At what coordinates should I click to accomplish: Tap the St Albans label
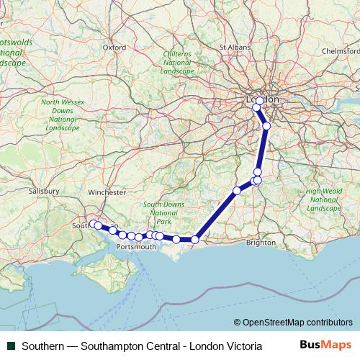click(x=233, y=47)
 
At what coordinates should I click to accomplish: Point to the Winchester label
click(x=107, y=192)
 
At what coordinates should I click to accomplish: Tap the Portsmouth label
click(x=136, y=246)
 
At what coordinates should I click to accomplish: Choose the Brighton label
click(x=261, y=243)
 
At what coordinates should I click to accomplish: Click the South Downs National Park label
click(x=163, y=213)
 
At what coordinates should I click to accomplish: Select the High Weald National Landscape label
click(x=323, y=199)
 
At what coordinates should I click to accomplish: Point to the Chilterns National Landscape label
click(x=176, y=63)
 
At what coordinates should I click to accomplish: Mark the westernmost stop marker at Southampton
click(x=92, y=224)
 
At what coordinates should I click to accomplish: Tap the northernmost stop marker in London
click(x=260, y=101)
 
